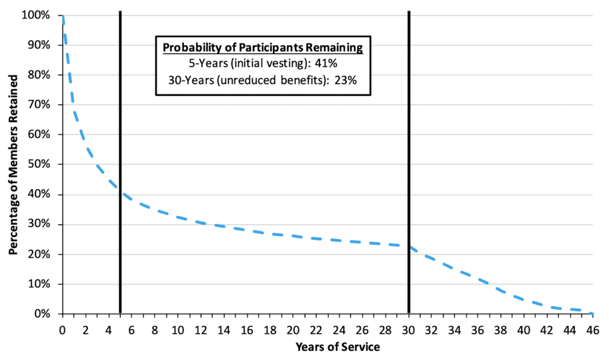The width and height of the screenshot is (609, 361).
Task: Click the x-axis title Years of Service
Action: point(328,346)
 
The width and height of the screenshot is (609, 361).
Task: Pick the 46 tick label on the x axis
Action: point(592,329)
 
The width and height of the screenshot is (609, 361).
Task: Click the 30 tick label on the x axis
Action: point(409,329)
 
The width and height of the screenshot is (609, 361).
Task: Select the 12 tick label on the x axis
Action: point(201,329)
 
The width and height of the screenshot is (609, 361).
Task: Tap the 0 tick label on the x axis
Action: point(62,329)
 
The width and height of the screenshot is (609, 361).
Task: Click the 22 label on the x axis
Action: point(316,329)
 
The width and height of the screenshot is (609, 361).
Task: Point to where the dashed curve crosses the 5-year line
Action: point(120,191)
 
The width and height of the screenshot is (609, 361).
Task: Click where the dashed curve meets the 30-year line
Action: point(409,246)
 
